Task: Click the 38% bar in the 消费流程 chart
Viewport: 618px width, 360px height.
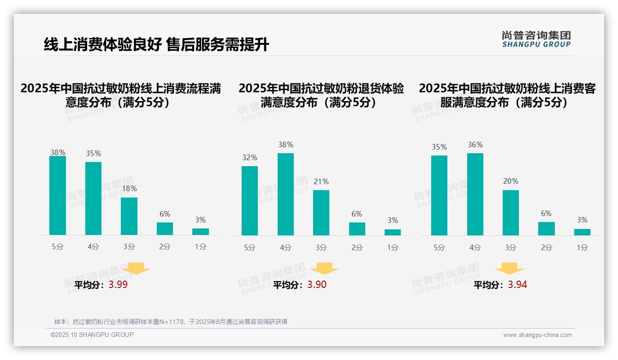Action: point(58,196)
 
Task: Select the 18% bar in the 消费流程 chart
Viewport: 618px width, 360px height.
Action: point(129,216)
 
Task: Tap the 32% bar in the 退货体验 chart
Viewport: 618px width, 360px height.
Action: point(250,201)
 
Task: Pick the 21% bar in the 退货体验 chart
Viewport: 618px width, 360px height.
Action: point(321,213)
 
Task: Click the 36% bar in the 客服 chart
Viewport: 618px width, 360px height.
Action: point(475,194)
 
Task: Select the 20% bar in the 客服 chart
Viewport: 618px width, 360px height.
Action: point(511,213)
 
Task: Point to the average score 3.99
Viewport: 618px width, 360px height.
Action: point(118,285)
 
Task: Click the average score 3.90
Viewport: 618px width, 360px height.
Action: point(317,285)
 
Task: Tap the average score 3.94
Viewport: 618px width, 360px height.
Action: point(517,285)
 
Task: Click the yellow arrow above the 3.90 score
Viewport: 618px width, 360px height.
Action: point(324,268)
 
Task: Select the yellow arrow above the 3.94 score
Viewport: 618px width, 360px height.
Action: point(510,268)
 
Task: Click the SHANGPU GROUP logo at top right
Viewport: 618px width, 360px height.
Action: point(536,39)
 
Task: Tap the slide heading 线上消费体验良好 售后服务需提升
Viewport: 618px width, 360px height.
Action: point(156,45)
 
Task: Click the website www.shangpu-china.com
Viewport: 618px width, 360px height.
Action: point(537,335)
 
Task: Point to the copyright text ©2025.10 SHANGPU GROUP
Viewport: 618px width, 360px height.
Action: point(92,335)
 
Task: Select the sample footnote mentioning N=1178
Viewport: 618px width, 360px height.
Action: point(171,322)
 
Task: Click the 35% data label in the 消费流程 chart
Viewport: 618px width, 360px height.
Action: point(94,154)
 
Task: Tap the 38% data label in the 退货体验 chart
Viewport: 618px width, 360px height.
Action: point(285,145)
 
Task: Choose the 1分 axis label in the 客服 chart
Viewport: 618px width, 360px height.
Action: point(582,247)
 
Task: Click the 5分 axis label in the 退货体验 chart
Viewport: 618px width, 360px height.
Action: point(250,247)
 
